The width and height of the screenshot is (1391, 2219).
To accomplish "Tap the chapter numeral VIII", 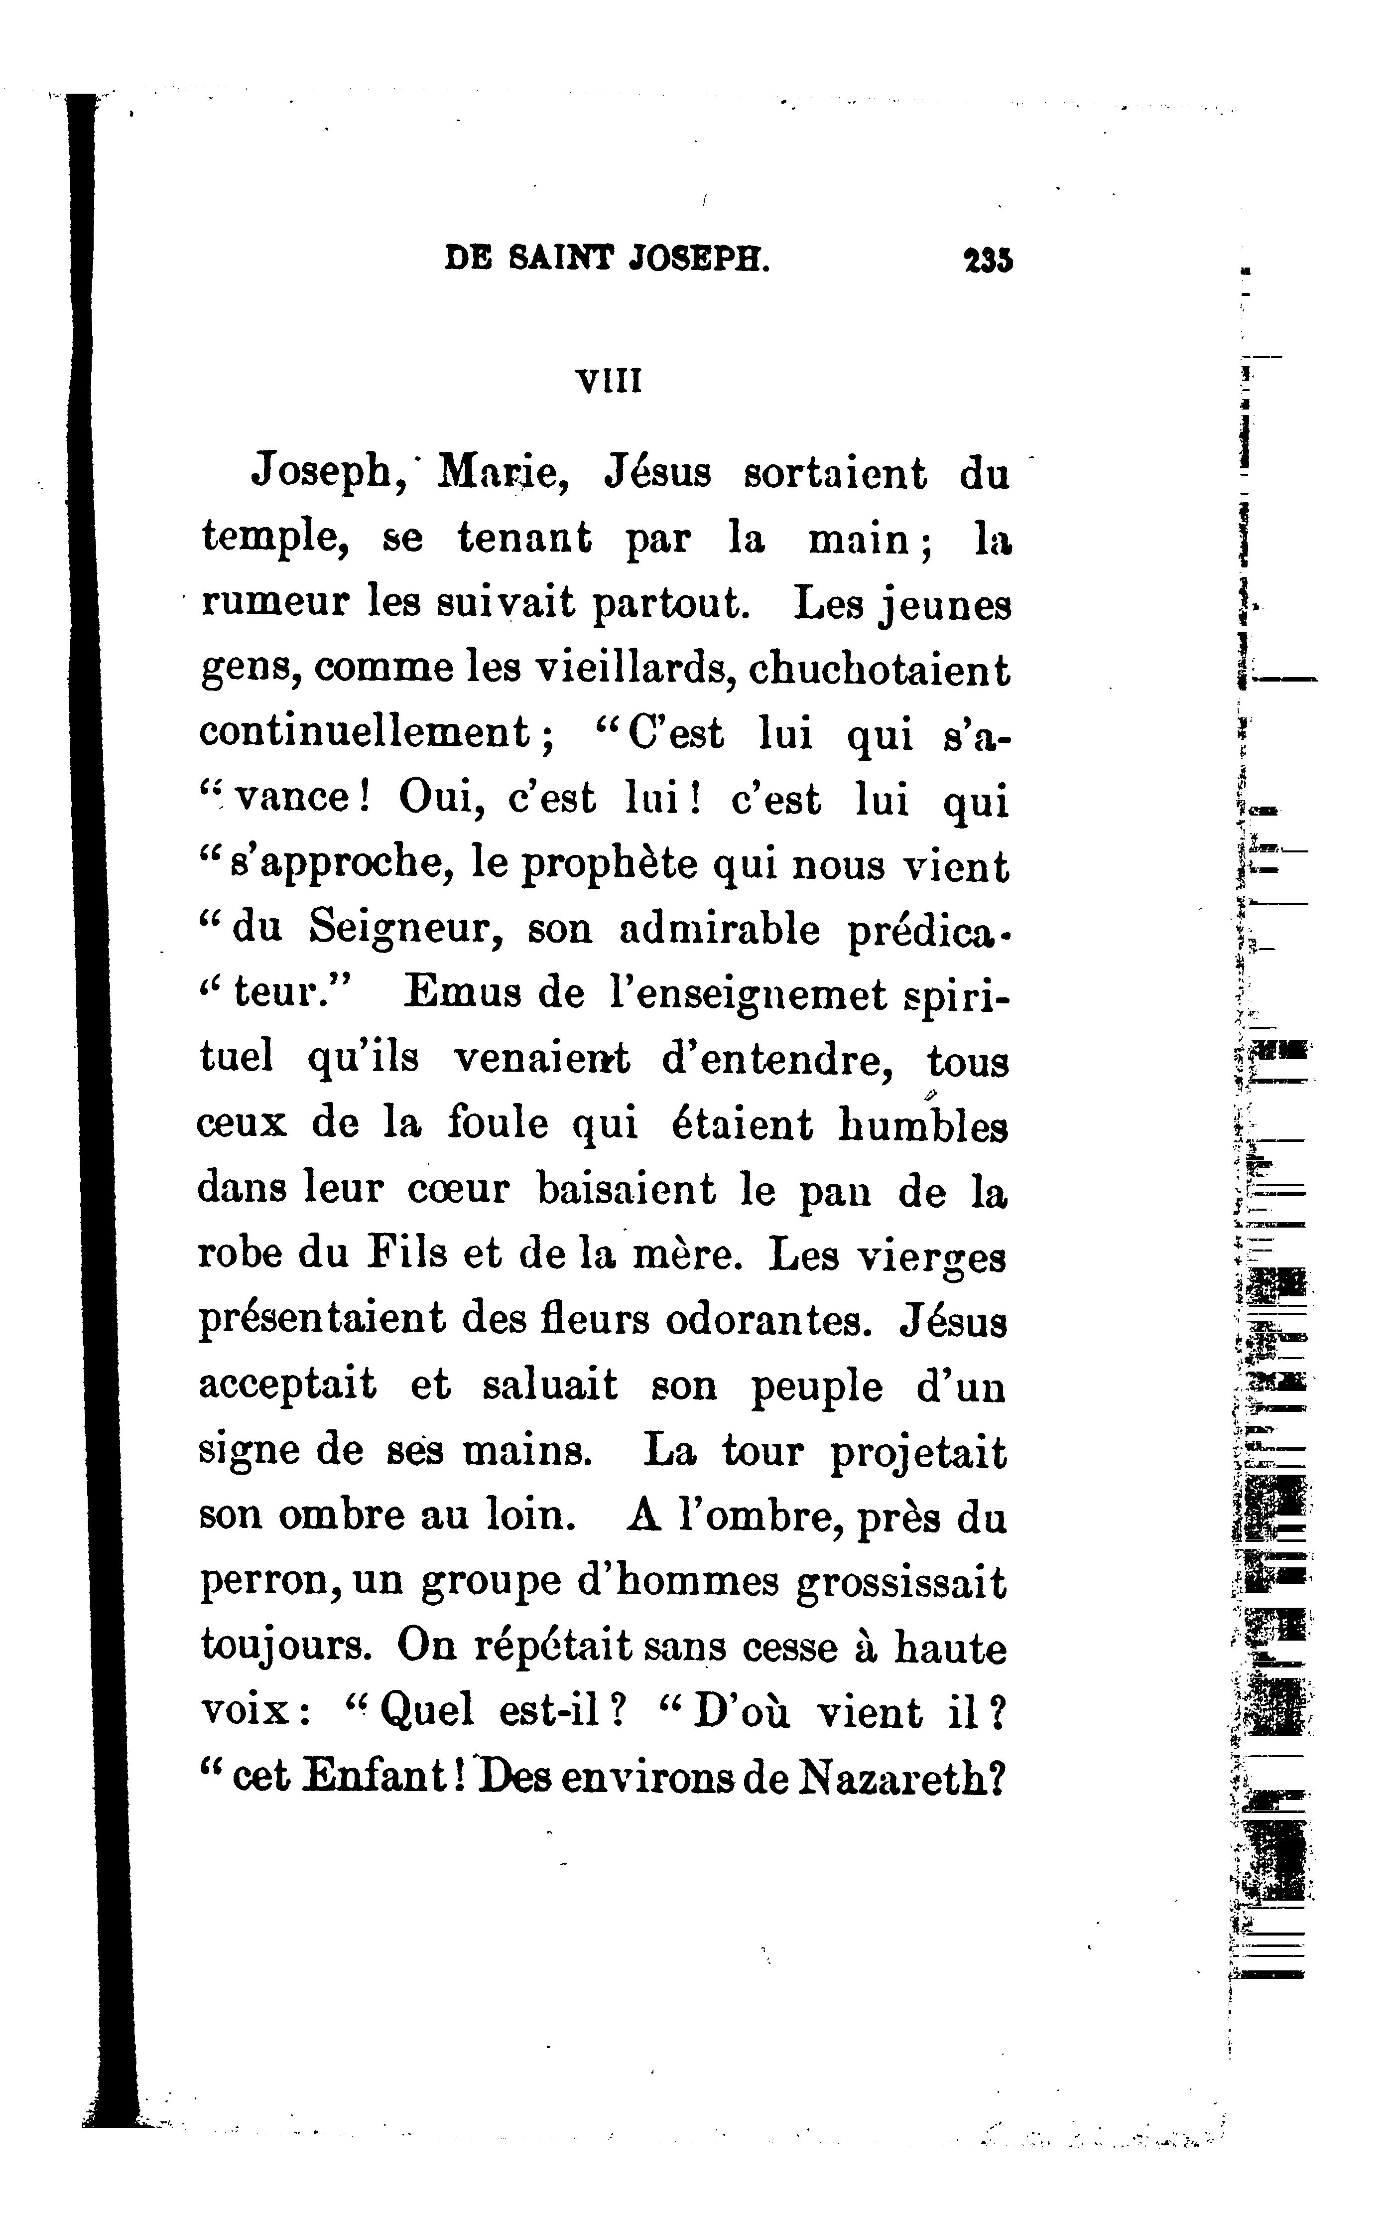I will click(x=608, y=380).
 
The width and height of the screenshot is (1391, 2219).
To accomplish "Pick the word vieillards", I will click(x=635, y=669).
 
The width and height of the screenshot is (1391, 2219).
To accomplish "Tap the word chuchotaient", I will click(x=881, y=669).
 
